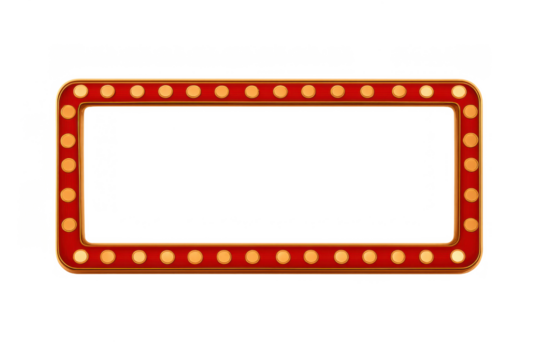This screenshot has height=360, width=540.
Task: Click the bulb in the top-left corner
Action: [x=80, y=91]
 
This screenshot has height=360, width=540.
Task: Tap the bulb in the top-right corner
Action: [x=459, y=91]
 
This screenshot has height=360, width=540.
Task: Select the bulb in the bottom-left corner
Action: [x=80, y=256]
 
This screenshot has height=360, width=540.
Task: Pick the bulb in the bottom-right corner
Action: [x=458, y=256]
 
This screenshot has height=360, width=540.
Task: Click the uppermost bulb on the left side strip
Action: [x=68, y=112]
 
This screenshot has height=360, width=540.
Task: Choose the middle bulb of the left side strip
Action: [x=68, y=165]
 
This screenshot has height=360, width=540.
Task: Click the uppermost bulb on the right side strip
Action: [x=470, y=112]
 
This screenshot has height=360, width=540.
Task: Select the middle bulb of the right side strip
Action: [x=471, y=164]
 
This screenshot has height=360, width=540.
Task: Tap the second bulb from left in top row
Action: [x=108, y=91]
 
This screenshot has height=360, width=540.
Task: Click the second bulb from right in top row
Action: [x=427, y=91]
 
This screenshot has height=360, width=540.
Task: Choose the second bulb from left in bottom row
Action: [x=108, y=256]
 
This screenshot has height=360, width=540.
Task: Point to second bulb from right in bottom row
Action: [x=427, y=256]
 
